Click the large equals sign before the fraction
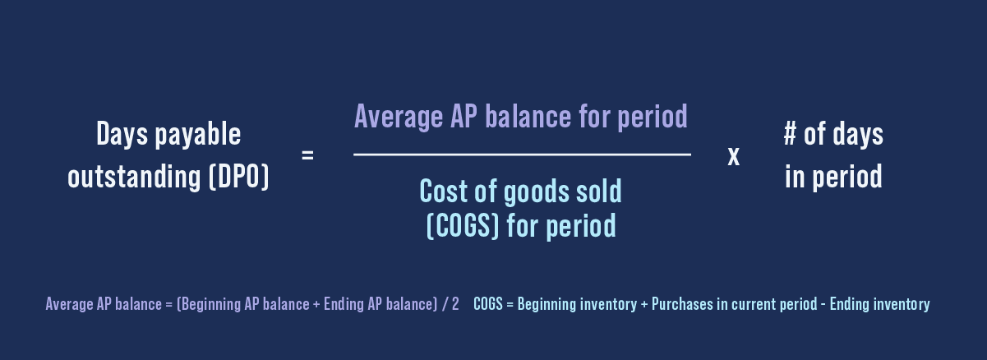click(307, 155)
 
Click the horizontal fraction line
click(522, 155)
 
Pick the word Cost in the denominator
click(445, 192)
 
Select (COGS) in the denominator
click(463, 225)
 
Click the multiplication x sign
click(734, 155)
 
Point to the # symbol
click(791, 134)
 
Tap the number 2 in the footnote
click(455, 304)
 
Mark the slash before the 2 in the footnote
click(445, 304)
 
